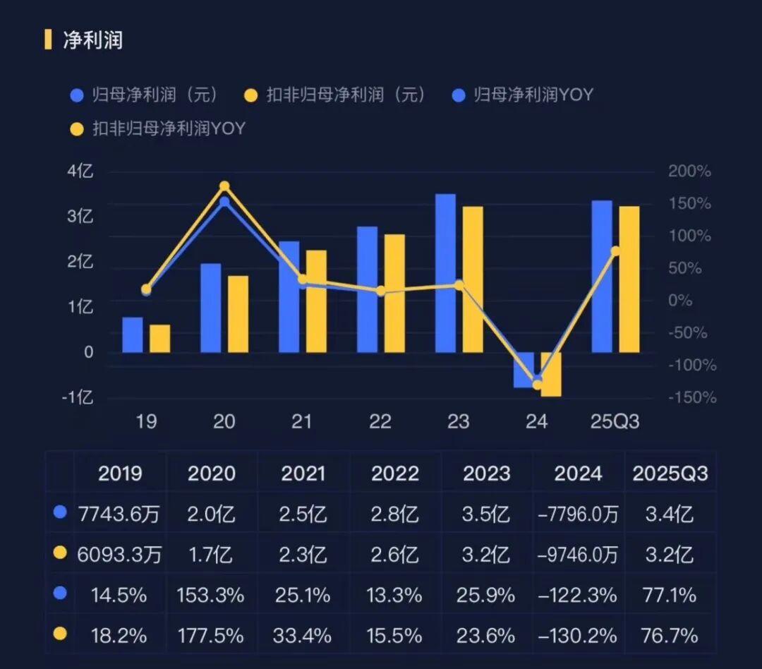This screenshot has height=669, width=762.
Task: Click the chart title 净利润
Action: click(92, 40)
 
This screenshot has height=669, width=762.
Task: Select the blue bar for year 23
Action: click(445, 273)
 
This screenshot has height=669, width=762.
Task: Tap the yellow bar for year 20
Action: click(238, 314)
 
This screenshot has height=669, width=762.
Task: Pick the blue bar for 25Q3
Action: click(602, 277)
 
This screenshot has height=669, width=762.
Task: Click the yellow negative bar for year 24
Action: click(551, 374)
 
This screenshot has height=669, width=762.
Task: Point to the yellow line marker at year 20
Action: click(224, 186)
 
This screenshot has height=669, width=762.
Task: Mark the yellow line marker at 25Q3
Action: click(615, 251)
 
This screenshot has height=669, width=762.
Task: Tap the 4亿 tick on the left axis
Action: click(80, 171)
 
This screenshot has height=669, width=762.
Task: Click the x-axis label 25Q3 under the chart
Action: click(615, 422)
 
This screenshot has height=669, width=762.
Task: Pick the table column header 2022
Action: click(395, 473)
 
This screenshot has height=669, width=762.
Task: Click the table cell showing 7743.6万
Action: click(119, 514)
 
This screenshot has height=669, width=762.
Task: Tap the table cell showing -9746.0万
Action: click(578, 555)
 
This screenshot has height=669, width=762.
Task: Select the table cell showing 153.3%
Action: click(212, 596)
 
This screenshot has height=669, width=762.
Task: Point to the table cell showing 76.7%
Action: click(670, 636)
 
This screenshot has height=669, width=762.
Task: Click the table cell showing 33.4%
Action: click(303, 636)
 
